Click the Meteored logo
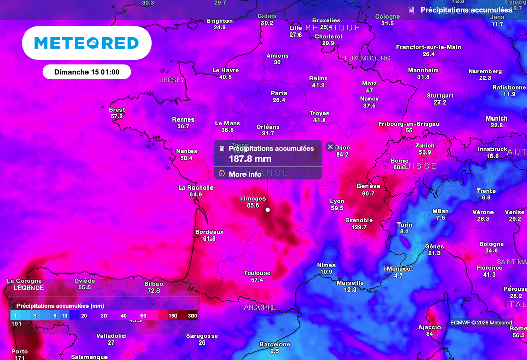click(86, 43)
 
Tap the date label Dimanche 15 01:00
click(86, 72)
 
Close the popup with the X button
click(330, 147)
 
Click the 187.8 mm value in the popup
click(250, 159)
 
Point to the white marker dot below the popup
click(268, 210)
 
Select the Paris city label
click(279, 93)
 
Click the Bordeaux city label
click(209, 232)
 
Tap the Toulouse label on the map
click(257, 273)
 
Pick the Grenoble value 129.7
click(359, 227)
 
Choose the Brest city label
click(117, 110)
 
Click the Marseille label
click(350, 283)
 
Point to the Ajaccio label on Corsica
click(429, 327)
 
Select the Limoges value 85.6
click(253, 205)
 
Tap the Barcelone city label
click(274, 345)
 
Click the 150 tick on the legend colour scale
click(172, 316)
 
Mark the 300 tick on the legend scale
click(192, 316)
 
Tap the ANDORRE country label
click(260, 307)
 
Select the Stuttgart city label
click(440, 96)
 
